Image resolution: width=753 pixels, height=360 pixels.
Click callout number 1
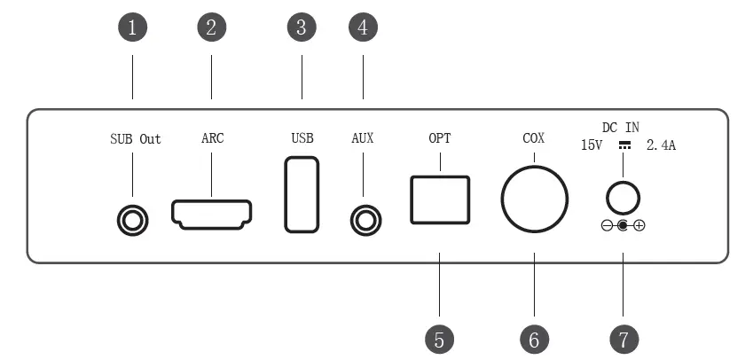132,27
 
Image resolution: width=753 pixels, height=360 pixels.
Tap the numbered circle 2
211,27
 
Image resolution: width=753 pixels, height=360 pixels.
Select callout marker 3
302,27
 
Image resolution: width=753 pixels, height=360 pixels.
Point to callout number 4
363,27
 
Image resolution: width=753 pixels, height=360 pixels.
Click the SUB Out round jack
133,220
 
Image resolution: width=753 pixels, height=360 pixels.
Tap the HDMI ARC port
212,214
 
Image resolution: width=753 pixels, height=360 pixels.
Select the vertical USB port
302,194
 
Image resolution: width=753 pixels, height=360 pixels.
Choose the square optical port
440,200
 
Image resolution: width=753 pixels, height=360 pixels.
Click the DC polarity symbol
623,226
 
